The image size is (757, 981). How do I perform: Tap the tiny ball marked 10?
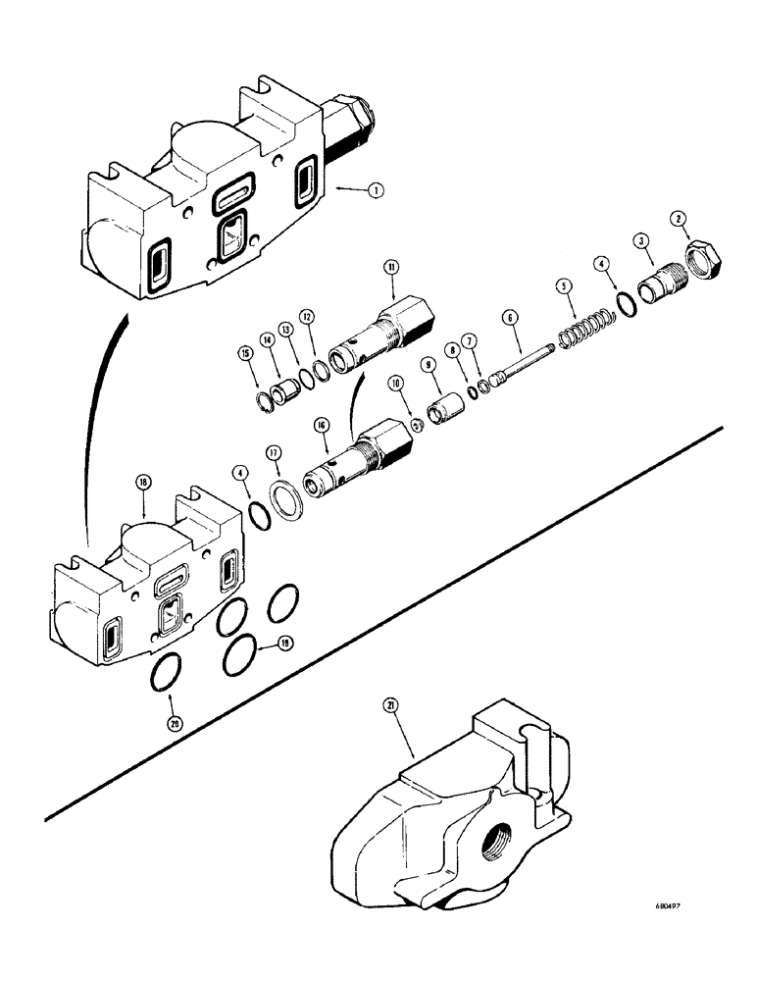[416, 425]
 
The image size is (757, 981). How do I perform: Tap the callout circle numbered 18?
[145, 483]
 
